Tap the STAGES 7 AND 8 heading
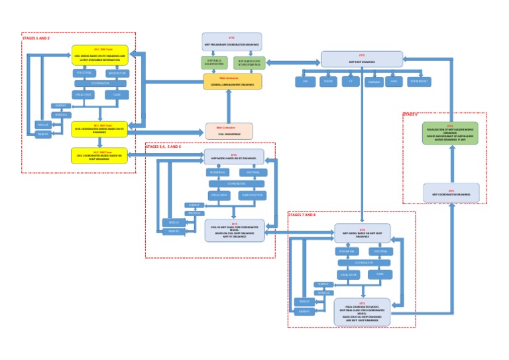pyautogui.click(x=302, y=215)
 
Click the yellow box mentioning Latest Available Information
pyautogui.click(x=101, y=55)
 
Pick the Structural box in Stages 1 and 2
pyautogui.click(x=84, y=72)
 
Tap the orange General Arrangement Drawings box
pyautogui.click(x=232, y=82)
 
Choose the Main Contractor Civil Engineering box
pyautogui.click(x=229, y=131)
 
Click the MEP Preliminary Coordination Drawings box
pyautogui.click(x=232, y=41)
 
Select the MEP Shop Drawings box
pyautogui.click(x=362, y=58)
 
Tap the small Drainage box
pyautogui.click(x=372, y=82)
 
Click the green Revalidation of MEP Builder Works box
pyautogui.click(x=450, y=132)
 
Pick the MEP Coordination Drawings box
pyautogui.click(x=451, y=192)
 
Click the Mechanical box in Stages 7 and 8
pyautogui.click(x=348, y=252)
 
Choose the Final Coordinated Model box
pyautogui.click(x=362, y=312)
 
